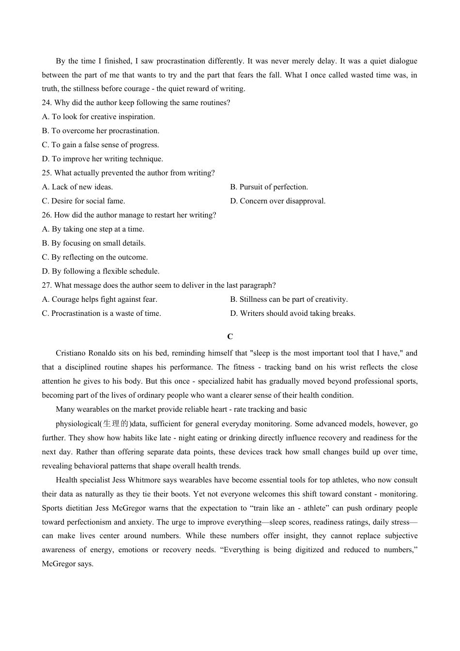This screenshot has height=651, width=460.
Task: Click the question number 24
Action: pos(46,103)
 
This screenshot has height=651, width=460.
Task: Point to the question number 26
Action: pos(46,215)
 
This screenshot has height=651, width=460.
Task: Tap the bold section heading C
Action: pos(230,337)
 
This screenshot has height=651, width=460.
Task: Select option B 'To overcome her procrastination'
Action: pos(100,131)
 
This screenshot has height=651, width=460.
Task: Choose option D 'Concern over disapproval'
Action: pos(277,201)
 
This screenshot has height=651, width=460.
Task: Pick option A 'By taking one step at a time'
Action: pos(93,229)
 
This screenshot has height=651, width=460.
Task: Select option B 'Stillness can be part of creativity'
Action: pos(289,299)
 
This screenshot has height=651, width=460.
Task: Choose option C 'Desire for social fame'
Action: pos(83,201)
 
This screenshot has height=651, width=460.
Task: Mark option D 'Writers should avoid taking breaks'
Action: pos(292,313)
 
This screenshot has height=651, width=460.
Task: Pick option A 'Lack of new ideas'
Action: pos(77,187)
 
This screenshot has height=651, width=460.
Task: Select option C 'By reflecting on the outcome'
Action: pos(94,257)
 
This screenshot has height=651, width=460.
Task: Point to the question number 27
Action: pos(46,285)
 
